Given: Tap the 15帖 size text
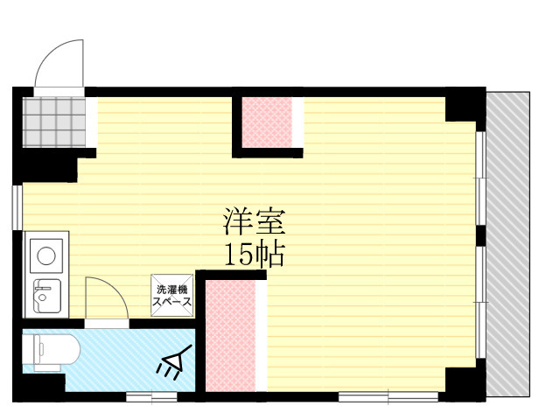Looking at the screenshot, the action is (254, 255).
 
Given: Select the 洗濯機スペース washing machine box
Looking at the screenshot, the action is (171, 296).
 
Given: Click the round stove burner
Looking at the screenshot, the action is (46, 255).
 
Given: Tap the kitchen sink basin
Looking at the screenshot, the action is (46, 297).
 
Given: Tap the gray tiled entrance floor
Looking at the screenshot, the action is (54, 122).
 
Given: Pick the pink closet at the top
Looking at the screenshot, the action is (267, 122).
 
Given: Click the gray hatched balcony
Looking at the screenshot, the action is (507, 244).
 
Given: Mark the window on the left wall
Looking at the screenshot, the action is (17, 207).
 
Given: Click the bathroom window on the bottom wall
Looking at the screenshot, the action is (151, 396).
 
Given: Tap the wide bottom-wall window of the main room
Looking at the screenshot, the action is (388, 396).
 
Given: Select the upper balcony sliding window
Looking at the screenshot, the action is (480, 178).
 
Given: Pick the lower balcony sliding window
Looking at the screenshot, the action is (480, 302).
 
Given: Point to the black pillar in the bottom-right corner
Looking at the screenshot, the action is (465, 381).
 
